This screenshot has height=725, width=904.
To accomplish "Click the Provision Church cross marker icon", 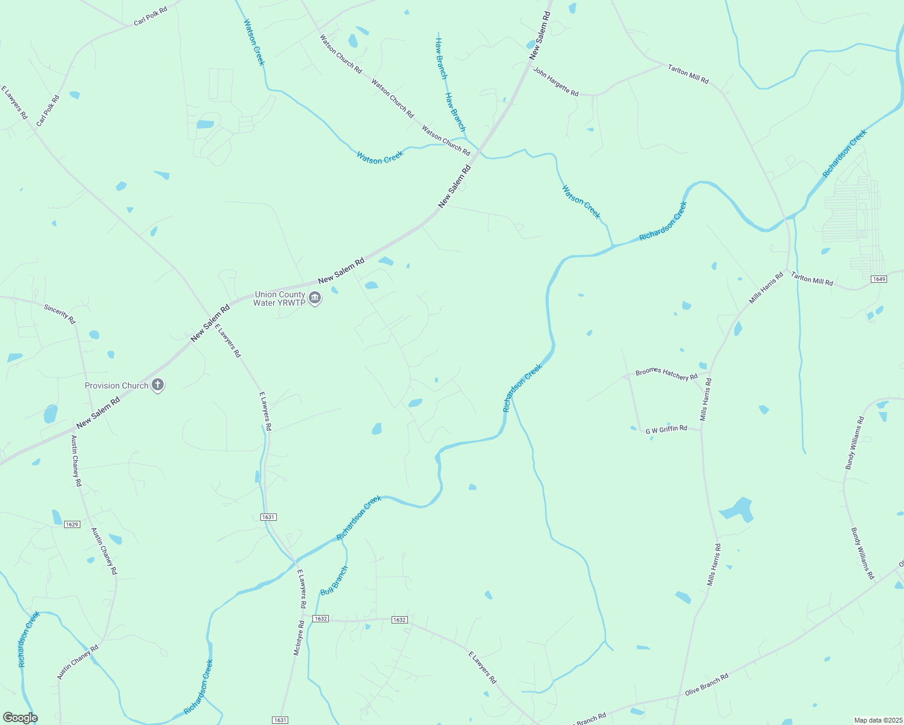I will coord(158,385).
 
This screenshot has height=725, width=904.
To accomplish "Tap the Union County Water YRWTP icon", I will coord(314,298).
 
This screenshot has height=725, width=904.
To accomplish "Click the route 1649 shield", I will coord(879,279).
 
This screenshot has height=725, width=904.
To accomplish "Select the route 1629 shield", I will coord(72,524).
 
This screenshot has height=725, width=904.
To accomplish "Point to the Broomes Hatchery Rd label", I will coord(667,374).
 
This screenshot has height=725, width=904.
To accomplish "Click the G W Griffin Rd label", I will coord(666,430).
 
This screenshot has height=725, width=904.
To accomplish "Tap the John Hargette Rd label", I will coord(555,81).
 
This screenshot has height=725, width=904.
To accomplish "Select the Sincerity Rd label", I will coord(59,313).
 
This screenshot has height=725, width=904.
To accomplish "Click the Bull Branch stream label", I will coord(334,581).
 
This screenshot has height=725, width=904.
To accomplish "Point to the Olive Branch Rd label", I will coord(706,684).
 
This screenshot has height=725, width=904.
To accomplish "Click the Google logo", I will coord(21,718).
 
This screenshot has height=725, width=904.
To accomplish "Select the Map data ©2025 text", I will coord(877,720).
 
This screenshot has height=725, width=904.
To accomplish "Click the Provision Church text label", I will coord(117,385).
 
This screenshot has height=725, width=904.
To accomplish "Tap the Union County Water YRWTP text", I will coord(280,298).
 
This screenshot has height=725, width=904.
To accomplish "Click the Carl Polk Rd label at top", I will coord(150,16).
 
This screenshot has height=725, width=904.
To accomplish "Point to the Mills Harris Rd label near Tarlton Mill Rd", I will coord(766,288).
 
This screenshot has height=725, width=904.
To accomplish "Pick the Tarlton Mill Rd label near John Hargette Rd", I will coord(688,74).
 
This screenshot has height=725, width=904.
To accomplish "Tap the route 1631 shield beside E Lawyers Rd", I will coord(268,517).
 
